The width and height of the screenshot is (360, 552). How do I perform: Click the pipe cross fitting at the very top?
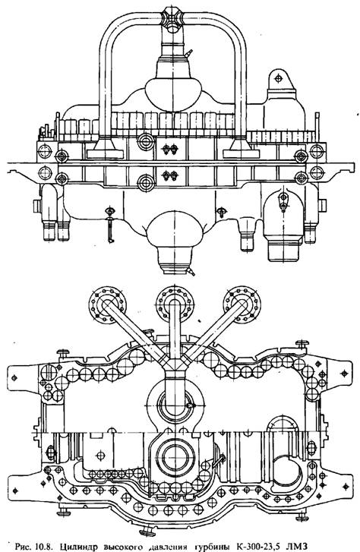point(173,20)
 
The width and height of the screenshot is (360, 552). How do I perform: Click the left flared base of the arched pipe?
point(105,148)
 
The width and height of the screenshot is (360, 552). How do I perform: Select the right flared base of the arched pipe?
point(241,148)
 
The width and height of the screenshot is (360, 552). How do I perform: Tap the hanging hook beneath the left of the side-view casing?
point(110,225)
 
